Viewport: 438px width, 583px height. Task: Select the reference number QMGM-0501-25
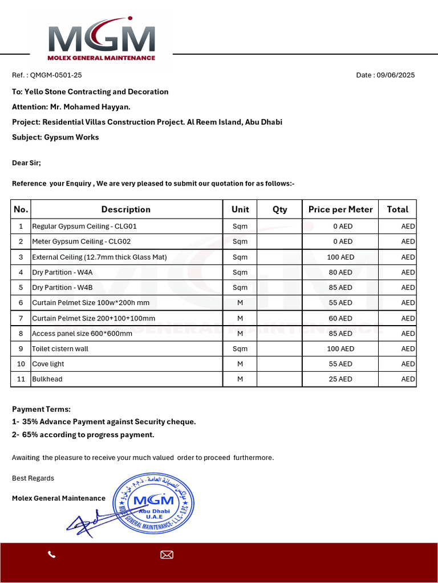coord(56,75)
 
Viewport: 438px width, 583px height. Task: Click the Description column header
coord(126,210)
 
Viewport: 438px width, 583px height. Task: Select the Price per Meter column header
coord(340,210)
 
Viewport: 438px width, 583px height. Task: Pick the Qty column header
coord(279,210)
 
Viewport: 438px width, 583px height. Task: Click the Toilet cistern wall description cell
coord(60,348)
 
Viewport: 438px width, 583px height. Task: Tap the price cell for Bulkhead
coord(340,379)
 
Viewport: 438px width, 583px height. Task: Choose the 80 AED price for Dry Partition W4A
coord(340,272)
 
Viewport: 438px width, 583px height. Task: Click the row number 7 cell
coord(21,318)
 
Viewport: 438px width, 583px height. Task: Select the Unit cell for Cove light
coord(240,364)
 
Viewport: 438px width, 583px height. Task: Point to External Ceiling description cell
coord(99,257)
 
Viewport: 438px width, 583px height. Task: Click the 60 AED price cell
coord(340,318)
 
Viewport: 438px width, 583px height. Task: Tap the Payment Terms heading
coord(42,409)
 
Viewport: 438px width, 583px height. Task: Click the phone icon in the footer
coord(52,555)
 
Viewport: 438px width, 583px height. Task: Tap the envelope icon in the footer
coord(167,555)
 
